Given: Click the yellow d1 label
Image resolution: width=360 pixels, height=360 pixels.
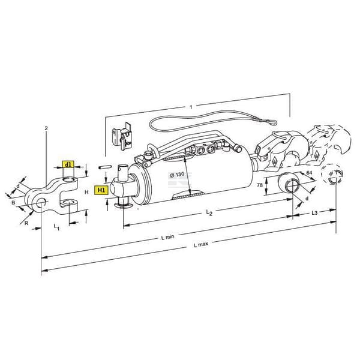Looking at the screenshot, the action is click(68, 164).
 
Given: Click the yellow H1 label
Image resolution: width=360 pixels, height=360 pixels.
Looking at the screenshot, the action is click(101, 190).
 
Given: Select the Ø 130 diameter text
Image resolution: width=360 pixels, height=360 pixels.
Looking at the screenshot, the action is click(177, 175).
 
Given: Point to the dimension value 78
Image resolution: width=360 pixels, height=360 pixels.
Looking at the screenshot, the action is click(260, 185).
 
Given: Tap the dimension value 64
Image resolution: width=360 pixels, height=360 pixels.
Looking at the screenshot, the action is click(309, 173).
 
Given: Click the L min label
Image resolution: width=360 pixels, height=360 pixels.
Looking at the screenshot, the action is click(167, 237).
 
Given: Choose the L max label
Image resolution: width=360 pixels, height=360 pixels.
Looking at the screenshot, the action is click(201, 244).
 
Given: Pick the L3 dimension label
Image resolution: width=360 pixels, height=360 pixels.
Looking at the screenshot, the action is click(314, 213).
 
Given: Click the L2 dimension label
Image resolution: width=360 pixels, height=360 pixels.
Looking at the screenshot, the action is click(209, 212).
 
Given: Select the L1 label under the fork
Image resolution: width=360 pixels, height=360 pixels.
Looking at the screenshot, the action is click(56, 227).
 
